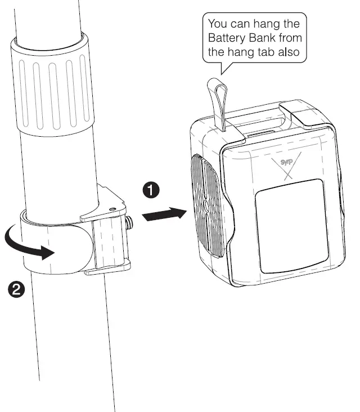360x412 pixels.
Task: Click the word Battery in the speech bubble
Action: [224, 39]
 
